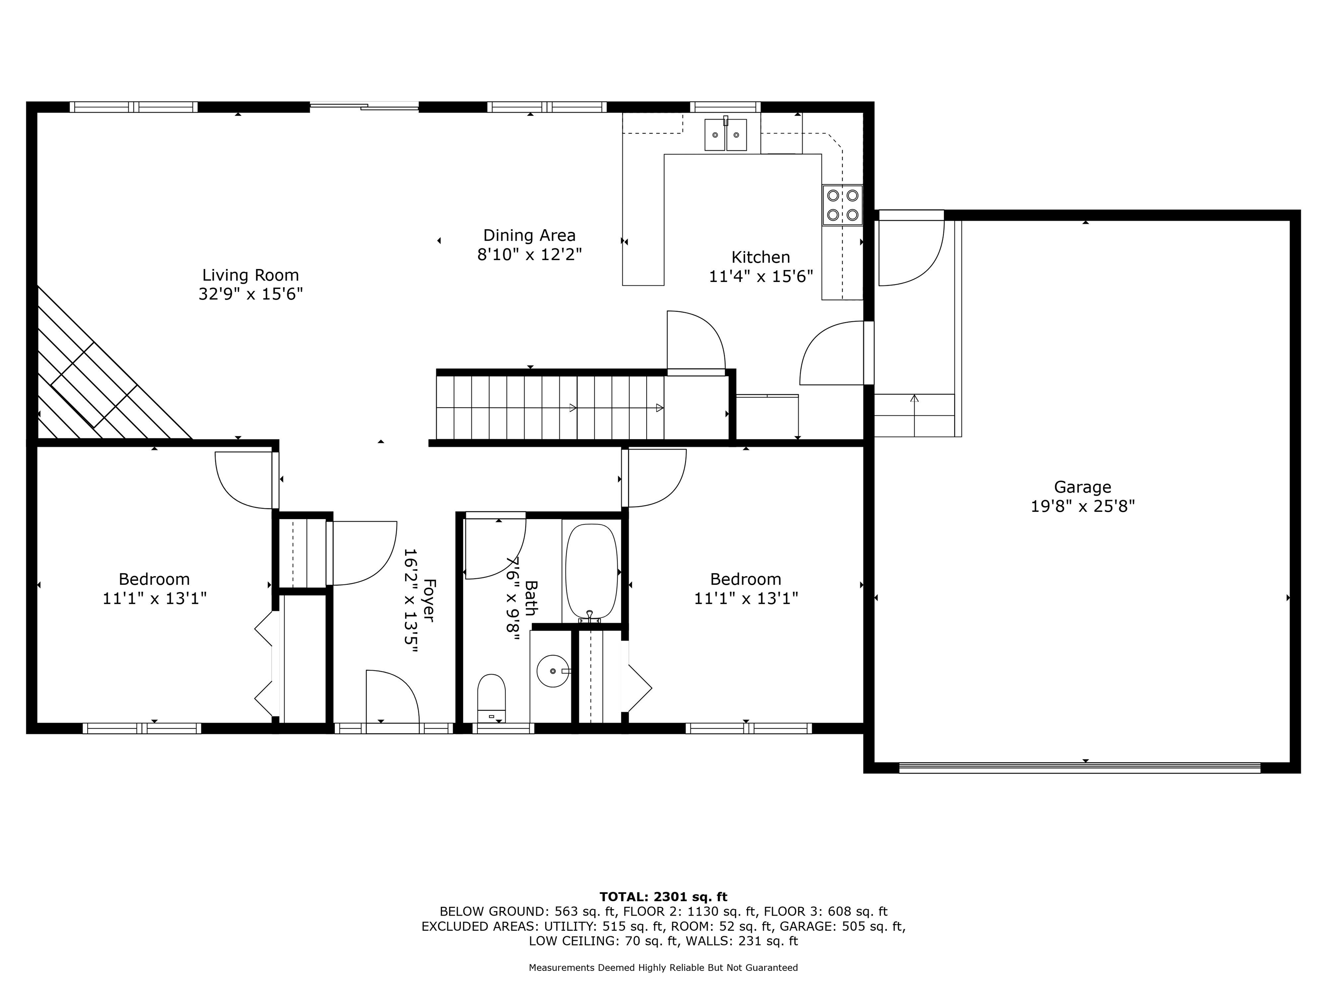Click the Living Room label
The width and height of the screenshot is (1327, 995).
250,275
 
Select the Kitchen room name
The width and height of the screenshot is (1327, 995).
761,257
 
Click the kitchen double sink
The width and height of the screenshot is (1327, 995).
725,134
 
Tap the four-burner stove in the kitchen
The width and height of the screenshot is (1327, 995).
842,205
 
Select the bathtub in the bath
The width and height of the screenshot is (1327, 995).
591,572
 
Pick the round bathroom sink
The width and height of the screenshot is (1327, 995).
552,671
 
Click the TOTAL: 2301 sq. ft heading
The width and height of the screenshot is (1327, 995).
663,897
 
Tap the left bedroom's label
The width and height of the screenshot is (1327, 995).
154,580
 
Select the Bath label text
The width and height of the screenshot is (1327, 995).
531,598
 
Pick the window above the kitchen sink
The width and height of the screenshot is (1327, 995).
725,107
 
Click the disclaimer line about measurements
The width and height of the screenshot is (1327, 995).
663,967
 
